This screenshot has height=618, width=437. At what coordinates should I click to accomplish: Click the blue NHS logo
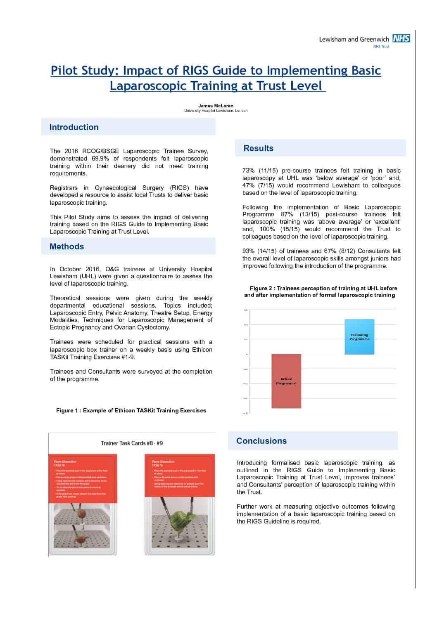[401, 39]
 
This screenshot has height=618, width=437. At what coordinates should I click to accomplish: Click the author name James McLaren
[216, 106]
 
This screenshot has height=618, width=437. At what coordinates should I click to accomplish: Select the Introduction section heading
[74, 127]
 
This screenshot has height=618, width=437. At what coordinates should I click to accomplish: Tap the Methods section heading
[66, 246]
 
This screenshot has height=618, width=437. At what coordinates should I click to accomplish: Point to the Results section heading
[259, 148]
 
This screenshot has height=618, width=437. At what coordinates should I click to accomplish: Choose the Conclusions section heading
[261, 441]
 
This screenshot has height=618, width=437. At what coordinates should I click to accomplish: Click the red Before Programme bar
[286, 381]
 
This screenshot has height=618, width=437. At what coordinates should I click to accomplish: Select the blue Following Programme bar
[359, 337]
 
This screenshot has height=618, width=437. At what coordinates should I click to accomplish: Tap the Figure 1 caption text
[131, 410]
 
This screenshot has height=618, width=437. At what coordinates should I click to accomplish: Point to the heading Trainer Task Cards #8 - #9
[132, 443]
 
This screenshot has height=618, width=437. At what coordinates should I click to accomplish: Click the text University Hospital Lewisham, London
[216, 111]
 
